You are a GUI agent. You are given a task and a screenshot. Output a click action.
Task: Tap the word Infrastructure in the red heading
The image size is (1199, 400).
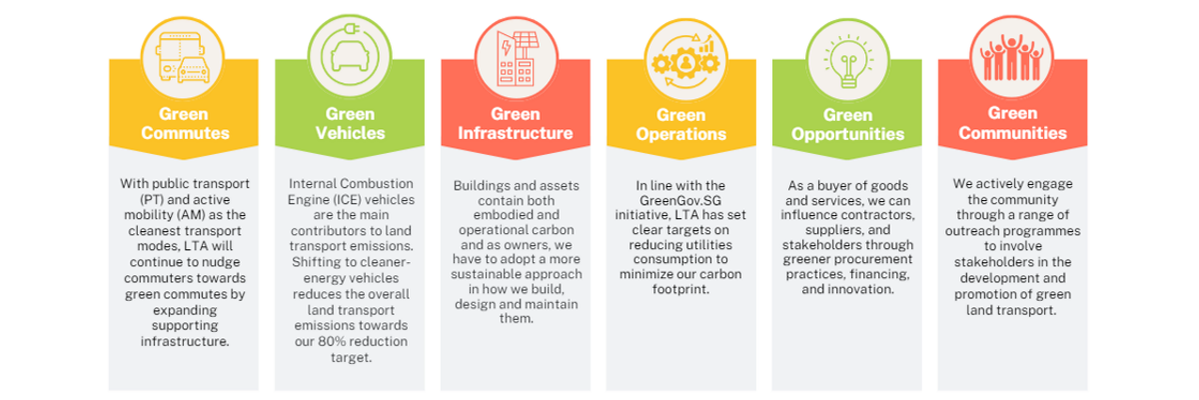pyautogui.click(x=517, y=133)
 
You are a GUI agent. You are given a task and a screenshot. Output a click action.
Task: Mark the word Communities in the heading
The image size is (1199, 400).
pyautogui.click(x=1013, y=133)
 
